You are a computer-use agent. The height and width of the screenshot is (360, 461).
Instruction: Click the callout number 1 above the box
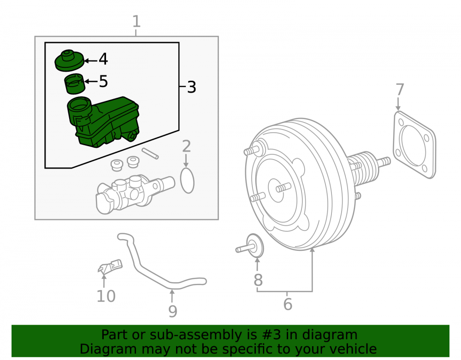coord(136,22)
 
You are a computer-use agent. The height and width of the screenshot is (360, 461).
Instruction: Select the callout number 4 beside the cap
coord(103,59)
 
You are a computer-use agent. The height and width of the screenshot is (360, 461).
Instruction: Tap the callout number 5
coord(103,81)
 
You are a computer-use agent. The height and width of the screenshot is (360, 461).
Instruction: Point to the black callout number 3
coord(192,87)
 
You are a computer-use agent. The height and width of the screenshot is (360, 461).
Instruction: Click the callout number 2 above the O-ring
coord(186,147)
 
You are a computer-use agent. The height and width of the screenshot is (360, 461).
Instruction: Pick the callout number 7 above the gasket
coord(400,89)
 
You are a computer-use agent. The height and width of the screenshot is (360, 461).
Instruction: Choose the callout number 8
coord(258,280)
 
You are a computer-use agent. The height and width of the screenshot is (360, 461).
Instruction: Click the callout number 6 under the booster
coord(288,304)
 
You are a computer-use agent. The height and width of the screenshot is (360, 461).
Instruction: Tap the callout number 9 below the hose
coord(173,312)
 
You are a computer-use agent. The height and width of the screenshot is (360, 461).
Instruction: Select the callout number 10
coord(106,296)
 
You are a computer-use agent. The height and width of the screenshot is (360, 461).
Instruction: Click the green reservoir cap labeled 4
coord(70,60)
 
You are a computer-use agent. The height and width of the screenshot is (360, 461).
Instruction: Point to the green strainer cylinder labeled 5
coord(75,84)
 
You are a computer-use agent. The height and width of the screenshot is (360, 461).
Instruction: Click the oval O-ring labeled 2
coord(187,180)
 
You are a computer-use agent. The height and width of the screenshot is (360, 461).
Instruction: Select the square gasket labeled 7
coord(414,145)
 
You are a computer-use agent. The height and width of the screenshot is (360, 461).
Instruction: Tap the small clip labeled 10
coord(110,266)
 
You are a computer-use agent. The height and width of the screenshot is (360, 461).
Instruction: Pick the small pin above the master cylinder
coord(150,153)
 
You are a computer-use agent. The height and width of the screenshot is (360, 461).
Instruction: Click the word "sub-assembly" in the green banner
coord(190,335)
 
